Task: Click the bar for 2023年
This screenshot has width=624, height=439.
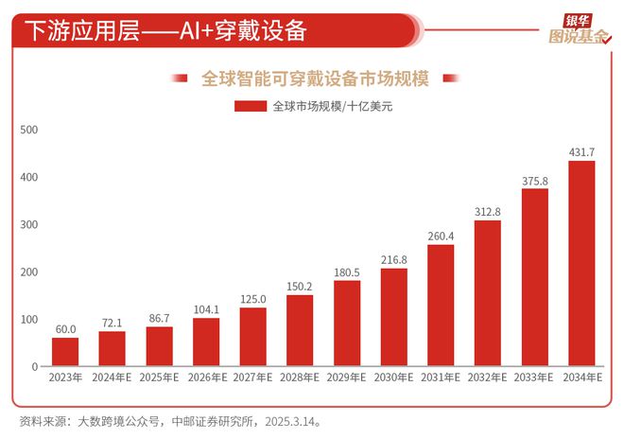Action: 65,352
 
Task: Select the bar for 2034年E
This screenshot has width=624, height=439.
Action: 581,264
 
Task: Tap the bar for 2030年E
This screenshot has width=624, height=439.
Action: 394,317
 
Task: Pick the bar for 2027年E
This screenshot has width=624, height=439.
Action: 253,337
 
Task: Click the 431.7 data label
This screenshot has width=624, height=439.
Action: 581,152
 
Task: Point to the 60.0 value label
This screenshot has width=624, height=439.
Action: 65,329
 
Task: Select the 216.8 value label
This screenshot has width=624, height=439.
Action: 394,259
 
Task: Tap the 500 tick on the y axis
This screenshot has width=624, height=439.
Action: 27,131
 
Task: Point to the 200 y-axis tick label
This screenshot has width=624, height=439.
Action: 27,272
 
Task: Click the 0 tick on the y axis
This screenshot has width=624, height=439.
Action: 33,367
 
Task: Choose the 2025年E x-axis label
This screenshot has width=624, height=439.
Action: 159,378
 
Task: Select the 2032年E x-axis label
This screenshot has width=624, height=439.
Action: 488,378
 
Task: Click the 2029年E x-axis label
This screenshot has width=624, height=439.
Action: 347,378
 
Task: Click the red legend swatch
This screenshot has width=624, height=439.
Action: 251,107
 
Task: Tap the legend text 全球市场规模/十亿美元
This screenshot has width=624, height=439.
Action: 332,107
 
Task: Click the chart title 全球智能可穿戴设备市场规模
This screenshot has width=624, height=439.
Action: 316,79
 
